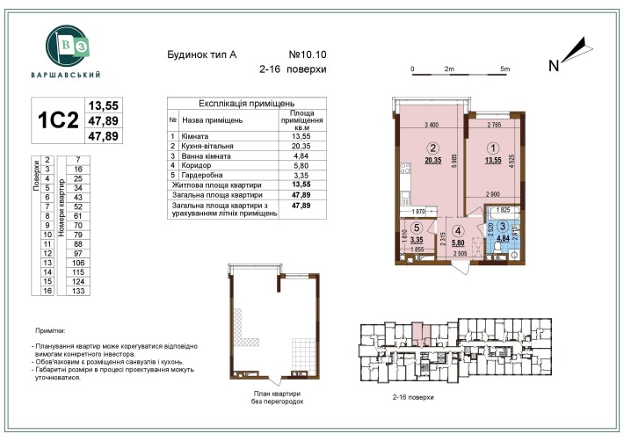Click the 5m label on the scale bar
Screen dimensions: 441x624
(504, 68)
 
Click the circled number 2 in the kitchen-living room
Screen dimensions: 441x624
(432, 148)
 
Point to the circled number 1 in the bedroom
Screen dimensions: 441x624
(494, 148)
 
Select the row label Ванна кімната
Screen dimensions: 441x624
(207, 155)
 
